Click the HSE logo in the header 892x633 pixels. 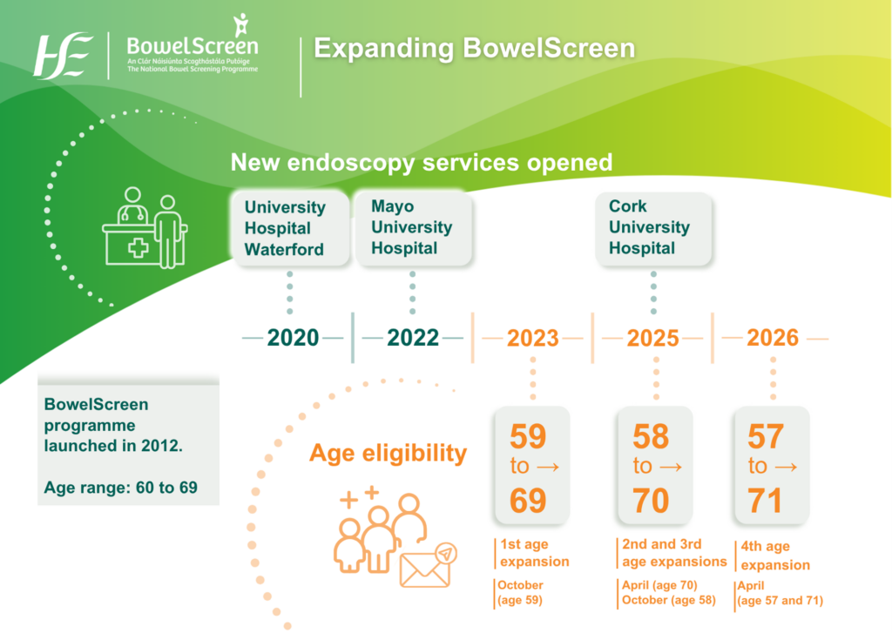click(64, 55)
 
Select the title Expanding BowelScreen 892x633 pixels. click(474, 48)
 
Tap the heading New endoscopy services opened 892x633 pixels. click(421, 162)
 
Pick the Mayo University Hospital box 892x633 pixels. click(412, 227)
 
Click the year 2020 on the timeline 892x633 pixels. click(293, 338)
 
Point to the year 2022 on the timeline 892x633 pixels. click(413, 338)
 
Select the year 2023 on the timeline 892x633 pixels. click(532, 338)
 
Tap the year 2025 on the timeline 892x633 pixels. click(653, 338)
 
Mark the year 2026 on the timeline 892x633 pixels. click(773, 338)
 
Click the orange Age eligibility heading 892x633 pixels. click(389, 454)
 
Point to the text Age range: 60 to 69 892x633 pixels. click(120, 487)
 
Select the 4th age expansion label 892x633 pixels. click(774, 556)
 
